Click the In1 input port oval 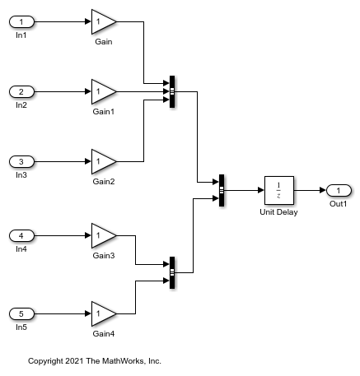coord(21,22)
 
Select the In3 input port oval coord(21,161)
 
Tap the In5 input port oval coord(21,313)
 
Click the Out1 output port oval coord(339,190)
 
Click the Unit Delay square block coord(279,190)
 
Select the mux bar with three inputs coord(172,91)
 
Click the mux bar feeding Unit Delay coord(222,190)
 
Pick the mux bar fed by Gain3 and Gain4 coord(172,272)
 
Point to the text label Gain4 coord(104,334)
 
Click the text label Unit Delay coord(278,212)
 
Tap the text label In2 coord(21,105)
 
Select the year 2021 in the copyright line coord(74,361)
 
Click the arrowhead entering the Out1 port coord(323,190)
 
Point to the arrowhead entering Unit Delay coord(261,190)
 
